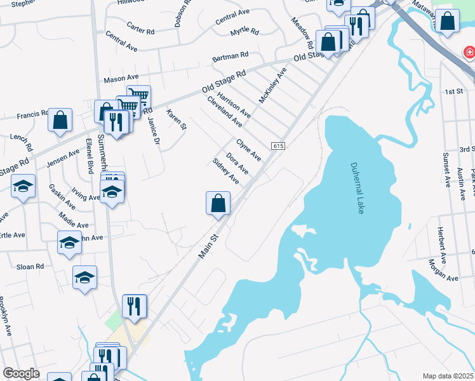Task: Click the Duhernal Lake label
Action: [x=358, y=188]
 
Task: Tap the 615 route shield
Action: [x=280, y=146]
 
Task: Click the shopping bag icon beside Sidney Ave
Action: [x=218, y=203]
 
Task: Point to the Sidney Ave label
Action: [x=225, y=171]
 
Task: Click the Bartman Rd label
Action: [x=231, y=58]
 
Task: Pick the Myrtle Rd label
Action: [x=244, y=30]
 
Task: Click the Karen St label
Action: [x=176, y=119]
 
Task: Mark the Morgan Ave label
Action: [x=443, y=271]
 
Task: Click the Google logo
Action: [x=21, y=373]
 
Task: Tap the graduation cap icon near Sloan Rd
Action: [x=84, y=277]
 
